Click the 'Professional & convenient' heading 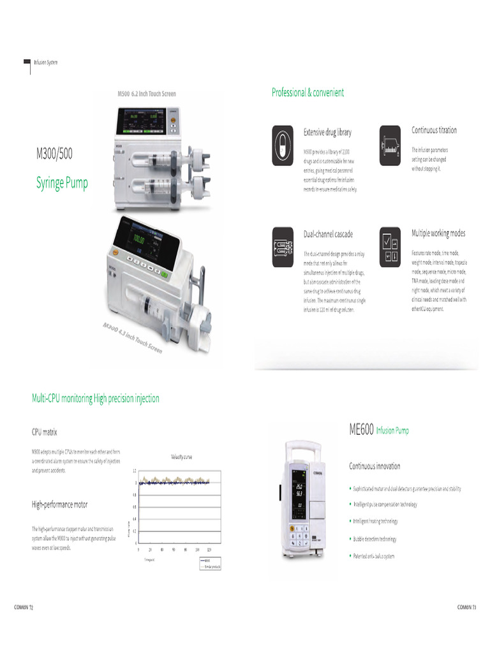coord(308,92)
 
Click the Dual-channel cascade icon coord(283,246)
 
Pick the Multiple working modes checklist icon coord(390,246)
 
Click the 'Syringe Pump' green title coord(62,184)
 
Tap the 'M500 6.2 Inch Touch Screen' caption coord(147,94)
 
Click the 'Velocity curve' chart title coord(182,457)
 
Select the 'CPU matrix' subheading coord(44,432)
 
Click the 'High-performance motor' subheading coord(60,504)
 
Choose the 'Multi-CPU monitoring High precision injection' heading coord(96,399)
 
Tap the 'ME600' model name coord(360,430)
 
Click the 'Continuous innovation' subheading coord(375,466)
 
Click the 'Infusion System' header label coord(45,62)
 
